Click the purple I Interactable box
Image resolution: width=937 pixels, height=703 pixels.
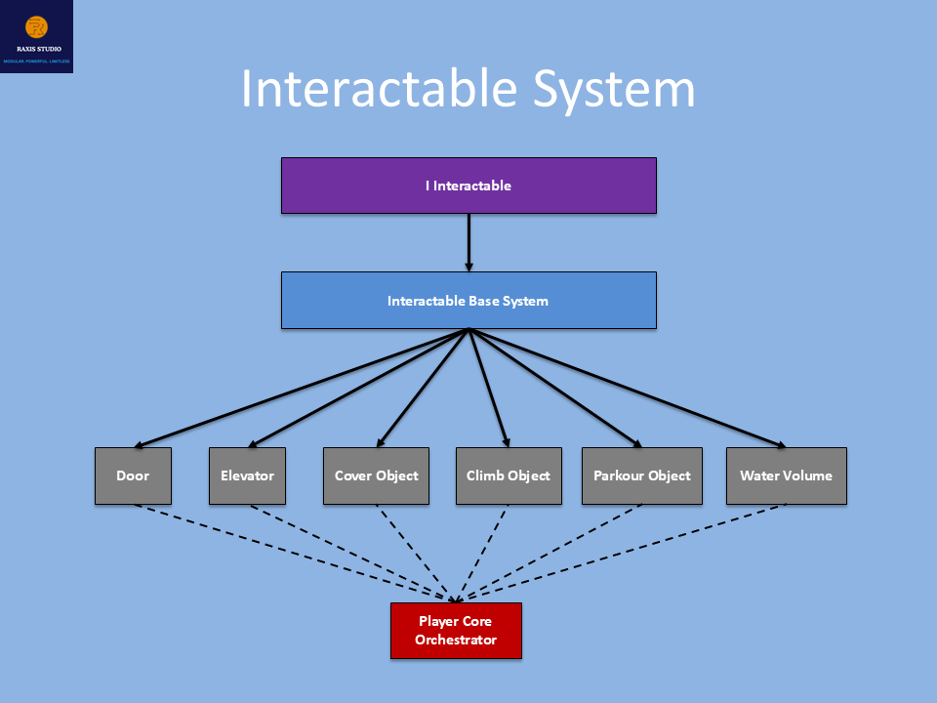click(468, 186)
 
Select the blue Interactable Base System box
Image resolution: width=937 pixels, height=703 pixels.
click(468, 300)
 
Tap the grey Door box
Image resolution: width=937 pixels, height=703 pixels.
click(133, 476)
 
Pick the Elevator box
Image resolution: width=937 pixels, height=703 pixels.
click(247, 476)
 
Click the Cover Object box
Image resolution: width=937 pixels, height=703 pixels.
click(376, 476)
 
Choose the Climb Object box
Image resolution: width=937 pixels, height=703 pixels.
click(509, 476)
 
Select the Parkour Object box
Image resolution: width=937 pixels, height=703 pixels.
click(641, 476)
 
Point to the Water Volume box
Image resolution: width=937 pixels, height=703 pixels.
click(786, 476)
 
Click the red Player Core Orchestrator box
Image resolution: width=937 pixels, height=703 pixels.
click(456, 631)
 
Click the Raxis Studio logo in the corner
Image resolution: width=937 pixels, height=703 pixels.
click(36, 36)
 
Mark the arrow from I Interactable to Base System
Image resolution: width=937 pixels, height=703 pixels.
click(468, 242)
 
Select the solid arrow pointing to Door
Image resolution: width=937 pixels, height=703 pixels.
click(302, 388)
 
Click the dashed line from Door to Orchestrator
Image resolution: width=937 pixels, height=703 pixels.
click(293, 553)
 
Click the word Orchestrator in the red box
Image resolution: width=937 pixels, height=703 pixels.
click(456, 641)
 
